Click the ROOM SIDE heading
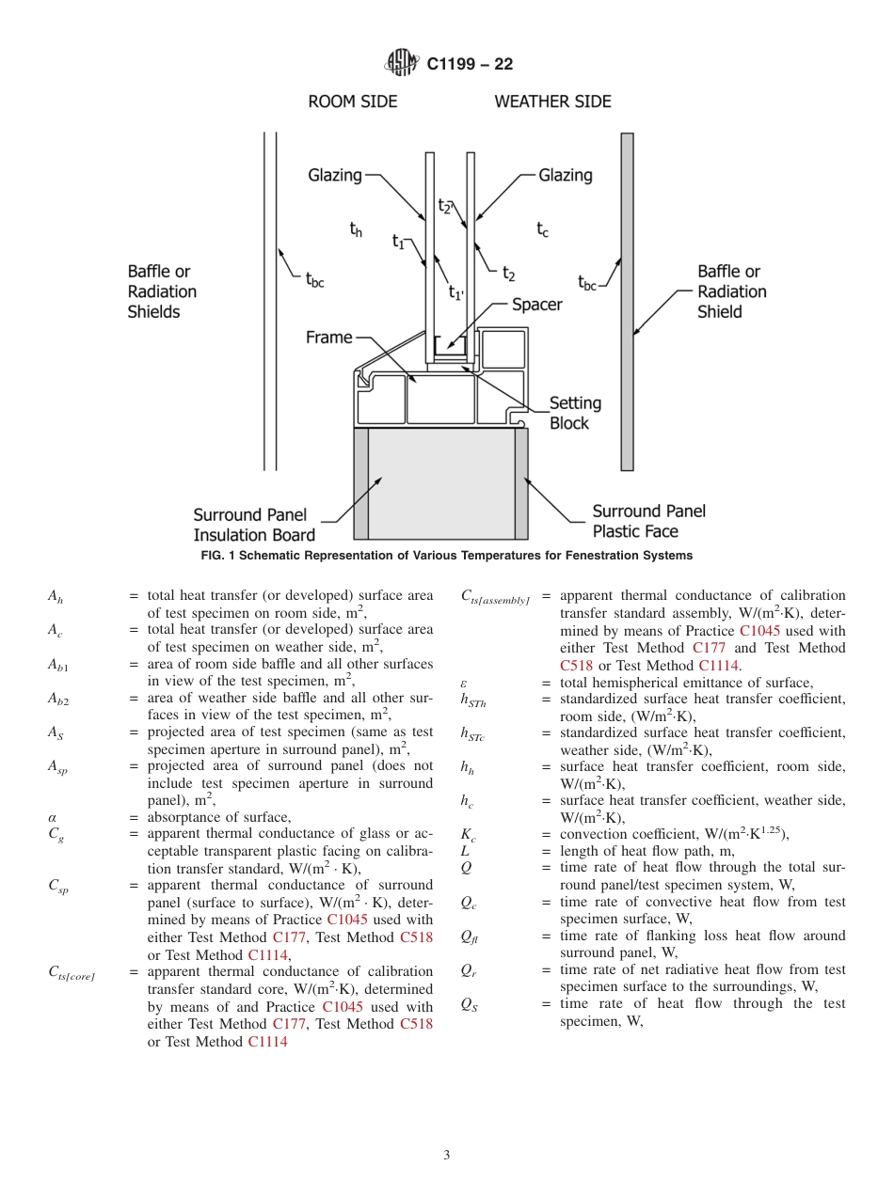pyautogui.click(x=353, y=102)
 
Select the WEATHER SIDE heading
pyautogui.click(x=552, y=102)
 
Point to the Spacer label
pyautogui.click(x=536, y=305)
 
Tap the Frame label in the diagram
pyautogui.click(x=328, y=338)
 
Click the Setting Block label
pyautogui.click(x=575, y=413)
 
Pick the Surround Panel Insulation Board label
pyautogui.click(x=254, y=525)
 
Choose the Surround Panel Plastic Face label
pyautogui.click(x=648, y=521)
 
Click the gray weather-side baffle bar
pyautogui.click(x=627, y=301)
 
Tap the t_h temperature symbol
pyautogui.click(x=356, y=229)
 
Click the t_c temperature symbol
pyautogui.click(x=543, y=229)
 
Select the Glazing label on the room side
pyautogui.click(x=335, y=175)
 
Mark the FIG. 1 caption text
pyautogui.click(x=447, y=556)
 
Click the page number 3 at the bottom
pyautogui.click(x=447, y=1156)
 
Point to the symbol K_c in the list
pyautogui.click(x=468, y=835)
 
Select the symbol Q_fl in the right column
pyautogui.click(x=469, y=936)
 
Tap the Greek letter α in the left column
pyautogui.click(x=53, y=817)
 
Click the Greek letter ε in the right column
pyautogui.click(x=464, y=683)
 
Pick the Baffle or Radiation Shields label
pyautogui.click(x=162, y=291)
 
